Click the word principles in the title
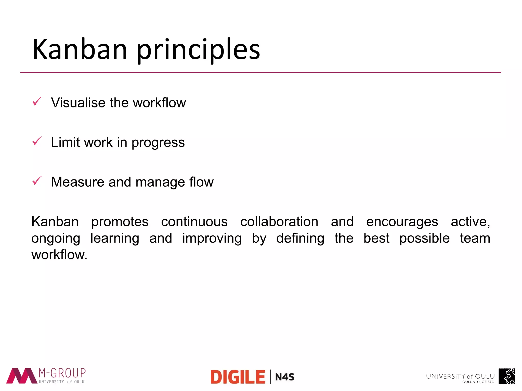(198, 50)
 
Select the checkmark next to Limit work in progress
(37, 141)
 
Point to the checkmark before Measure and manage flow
(37, 181)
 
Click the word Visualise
(78, 103)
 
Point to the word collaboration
(279, 221)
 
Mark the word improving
(212, 239)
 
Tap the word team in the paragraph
(475, 238)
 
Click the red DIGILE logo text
(238, 377)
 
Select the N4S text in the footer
(285, 377)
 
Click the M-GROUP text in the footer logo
(62, 373)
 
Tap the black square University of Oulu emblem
(506, 376)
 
